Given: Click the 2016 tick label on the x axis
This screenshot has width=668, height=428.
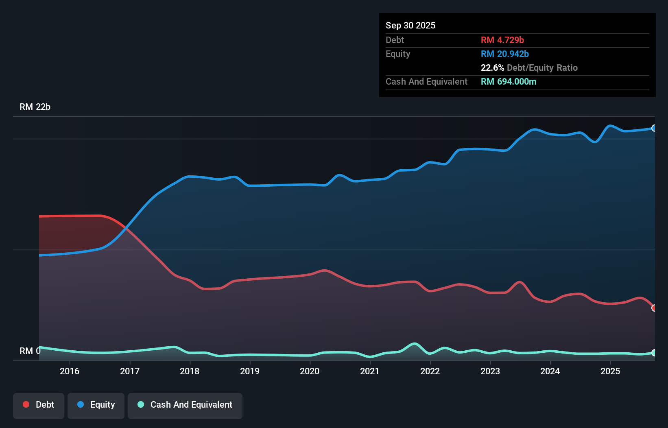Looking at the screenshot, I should [70, 371].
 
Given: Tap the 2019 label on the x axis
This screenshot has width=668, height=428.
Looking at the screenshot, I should [250, 371].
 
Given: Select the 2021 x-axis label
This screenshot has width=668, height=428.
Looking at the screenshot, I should [370, 371].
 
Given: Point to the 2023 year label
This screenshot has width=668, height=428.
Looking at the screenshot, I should [490, 371].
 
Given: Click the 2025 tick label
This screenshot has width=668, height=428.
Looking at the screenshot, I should [610, 371].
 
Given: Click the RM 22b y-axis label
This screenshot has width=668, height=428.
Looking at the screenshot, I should [35, 107].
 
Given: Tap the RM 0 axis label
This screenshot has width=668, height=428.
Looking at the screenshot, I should [30, 351].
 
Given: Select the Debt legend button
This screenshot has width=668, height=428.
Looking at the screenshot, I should [39, 405].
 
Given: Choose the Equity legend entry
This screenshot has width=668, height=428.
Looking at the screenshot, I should [96, 405].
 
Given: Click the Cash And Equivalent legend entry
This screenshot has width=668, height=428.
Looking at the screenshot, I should [185, 405].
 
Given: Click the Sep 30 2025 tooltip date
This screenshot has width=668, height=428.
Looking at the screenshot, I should [410, 25].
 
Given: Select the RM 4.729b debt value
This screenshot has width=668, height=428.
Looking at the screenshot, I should [502, 40].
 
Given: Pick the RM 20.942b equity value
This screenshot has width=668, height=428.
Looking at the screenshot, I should [505, 54].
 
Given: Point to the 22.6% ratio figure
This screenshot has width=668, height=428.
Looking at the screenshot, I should [492, 68].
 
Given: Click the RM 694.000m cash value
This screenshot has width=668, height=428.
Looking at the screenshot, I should [509, 81].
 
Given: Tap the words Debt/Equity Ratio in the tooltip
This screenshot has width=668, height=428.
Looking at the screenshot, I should [542, 68].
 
